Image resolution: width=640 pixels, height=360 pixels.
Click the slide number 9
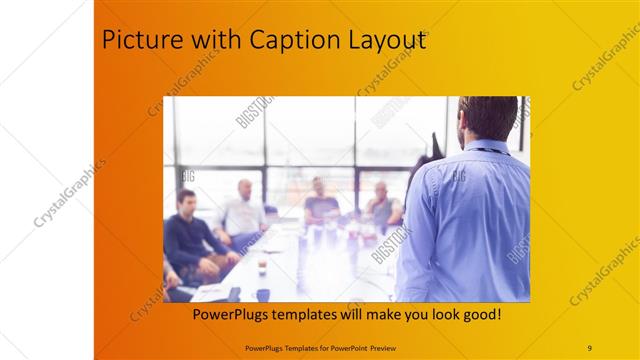tap(589, 347)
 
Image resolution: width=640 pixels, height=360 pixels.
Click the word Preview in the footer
tap(393, 347)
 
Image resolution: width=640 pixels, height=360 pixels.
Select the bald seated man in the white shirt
tap(244, 210)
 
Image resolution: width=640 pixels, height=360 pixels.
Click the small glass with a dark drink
tap(262, 265)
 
